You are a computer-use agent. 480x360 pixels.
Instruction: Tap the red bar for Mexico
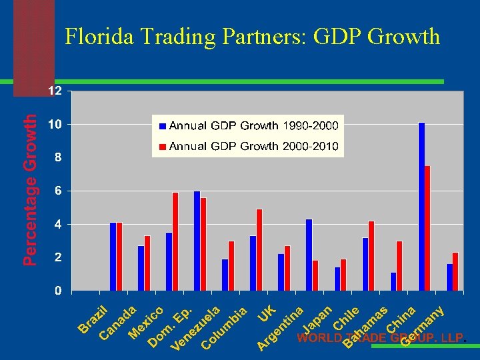(147, 263)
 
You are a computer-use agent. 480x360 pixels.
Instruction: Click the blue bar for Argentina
(281, 272)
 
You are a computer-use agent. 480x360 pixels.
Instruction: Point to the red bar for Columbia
(231, 265)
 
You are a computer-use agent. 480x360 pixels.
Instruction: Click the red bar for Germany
(455, 271)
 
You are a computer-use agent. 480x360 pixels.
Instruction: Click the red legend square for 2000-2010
(162, 146)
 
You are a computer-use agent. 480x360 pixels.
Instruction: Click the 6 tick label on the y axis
(59, 191)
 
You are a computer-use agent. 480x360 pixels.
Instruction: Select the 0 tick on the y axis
(59, 291)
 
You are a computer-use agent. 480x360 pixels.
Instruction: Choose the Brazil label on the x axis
(93, 318)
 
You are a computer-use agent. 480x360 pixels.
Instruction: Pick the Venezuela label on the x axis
(195, 329)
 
